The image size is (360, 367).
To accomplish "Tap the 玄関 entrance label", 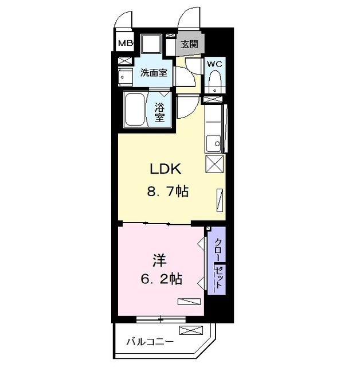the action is [x=190, y=44].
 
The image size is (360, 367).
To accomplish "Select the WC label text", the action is [x=214, y=64].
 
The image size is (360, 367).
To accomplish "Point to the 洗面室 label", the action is [x=154, y=73].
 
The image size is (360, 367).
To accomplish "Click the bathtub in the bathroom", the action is [x=135, y=110].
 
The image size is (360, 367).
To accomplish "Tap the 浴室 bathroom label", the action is [x=159, y=112].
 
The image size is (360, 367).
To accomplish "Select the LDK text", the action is [x=165, y=169].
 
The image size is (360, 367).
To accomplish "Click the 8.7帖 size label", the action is [x=168, y=192].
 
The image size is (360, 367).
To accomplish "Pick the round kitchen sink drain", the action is [x=217, y=143].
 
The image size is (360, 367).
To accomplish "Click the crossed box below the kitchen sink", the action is [x=214, y=163].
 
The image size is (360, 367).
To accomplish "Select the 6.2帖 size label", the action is [x=162, y=279].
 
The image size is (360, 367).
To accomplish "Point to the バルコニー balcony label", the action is [x=150, y=342].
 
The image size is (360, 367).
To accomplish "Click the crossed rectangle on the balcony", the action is [x=191, y=330].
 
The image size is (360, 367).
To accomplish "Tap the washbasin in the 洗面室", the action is [x=126, y=77].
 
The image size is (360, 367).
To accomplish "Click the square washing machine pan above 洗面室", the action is [x=151, y=44].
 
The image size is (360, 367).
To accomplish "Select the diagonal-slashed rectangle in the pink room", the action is [x=189, y=302].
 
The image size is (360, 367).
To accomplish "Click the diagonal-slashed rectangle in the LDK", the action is [x=220, y=200].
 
